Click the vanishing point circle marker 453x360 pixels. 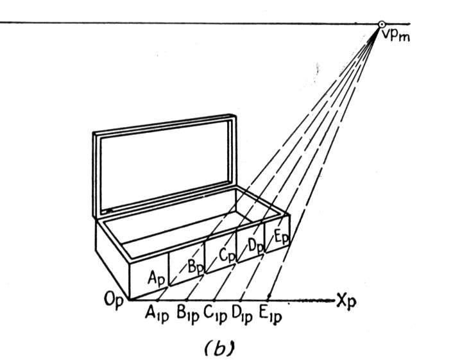[x=382, y=24]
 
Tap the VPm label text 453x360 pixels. [x=395, y=36]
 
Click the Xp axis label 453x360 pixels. [x=346, y=302]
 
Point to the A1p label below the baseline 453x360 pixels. [x=157, y=314]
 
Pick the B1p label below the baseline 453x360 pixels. [x=188, y=314]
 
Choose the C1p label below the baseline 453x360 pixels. [x=215, y=314]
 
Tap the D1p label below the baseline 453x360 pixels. [x=242, y=314]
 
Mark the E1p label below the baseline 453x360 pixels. [x=270, y=314]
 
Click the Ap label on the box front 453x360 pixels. [x=157, y=279]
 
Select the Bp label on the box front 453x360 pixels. [x=196, y=267]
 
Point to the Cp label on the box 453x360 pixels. [x=227, y=255]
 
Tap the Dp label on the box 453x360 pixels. [x=255, y=247]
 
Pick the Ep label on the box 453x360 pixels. [x=281, y=238]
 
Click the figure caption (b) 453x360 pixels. [x=219, y=348]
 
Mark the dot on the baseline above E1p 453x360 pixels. [x=269, y=296]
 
